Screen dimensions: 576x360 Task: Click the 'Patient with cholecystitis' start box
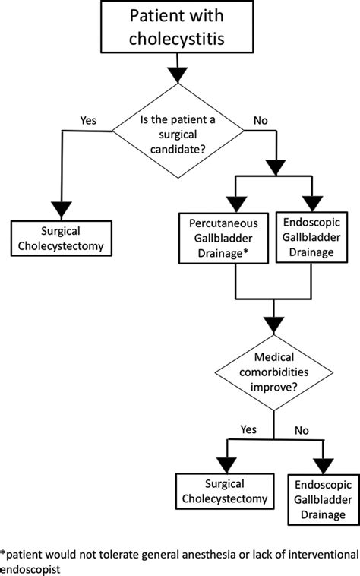pyautogui.click(x=177, y=27)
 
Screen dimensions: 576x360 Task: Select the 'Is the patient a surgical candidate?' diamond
pyautogui.click(x=177, y=131)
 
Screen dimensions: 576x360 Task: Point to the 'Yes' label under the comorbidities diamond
pyautogui.click(x=249, y=429)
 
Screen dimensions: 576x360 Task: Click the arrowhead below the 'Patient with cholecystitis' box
pyautogui.click(x=177, y=74)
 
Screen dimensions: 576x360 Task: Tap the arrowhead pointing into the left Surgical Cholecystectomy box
pyautogui.click(x=60, y=210)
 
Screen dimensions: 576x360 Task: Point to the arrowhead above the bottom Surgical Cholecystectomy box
pyautogui.click(x=224, y=462)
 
